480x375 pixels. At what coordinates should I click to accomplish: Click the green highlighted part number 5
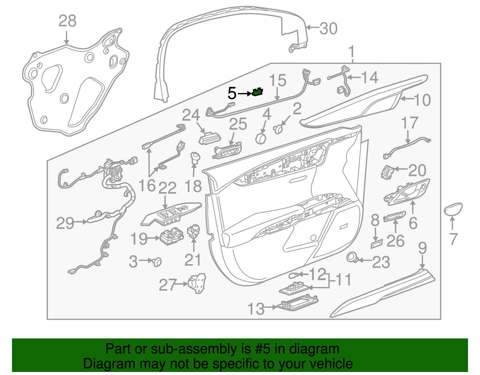[x=257, y=92]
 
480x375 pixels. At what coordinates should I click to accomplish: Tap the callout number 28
[x=67, y=21]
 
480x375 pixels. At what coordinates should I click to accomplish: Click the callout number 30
[x=328, y=29]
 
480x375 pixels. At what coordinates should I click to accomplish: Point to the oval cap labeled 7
[x=453, y=209]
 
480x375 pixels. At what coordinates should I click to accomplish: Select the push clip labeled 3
[x=157, y=262]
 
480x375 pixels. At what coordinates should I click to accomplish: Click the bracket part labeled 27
[x=197, y=283]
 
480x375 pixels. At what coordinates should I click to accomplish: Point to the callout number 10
[x=422, y=100]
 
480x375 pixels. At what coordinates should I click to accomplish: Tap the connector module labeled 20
[x=388, y=172]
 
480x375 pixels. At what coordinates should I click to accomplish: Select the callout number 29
[x=65, y=223]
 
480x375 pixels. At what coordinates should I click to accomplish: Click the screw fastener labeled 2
[x=278, y=129]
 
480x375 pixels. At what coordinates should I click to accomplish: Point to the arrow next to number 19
[x=154, y=238]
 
